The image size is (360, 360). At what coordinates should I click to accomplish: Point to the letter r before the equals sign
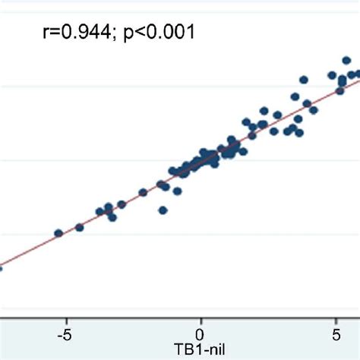pos(44,33)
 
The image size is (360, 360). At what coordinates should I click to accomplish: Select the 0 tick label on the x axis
pos(201,333)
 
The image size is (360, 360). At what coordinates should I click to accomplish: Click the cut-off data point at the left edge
pos(1,267)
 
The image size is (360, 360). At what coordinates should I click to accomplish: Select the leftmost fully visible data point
pos(58,233)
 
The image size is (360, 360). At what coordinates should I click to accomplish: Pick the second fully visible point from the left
pos(80,227)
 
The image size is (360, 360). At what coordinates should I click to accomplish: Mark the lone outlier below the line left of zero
pos(163,210)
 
